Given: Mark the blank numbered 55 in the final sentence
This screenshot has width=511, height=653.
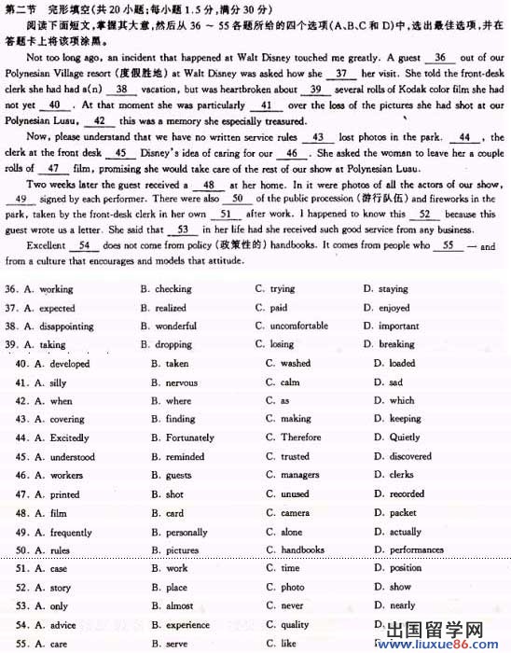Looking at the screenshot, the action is (x=448, y=245).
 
